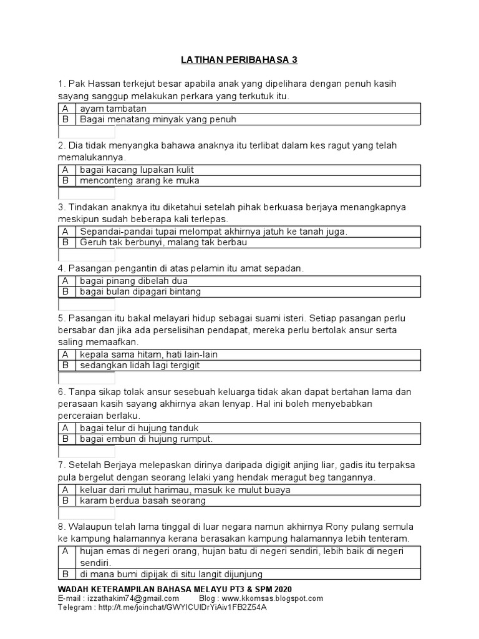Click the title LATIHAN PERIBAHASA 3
pos(239,60)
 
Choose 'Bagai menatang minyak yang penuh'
pos(158,119)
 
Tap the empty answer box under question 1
pos(87,132)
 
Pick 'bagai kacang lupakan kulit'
pos(136,170)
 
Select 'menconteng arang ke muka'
pos(139,181)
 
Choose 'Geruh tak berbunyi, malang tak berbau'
pos(163,243)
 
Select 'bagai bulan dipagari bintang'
pos(140,292)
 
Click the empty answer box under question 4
pos(87,305)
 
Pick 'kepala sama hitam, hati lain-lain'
pos(148,354)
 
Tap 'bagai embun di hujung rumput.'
pos(146,439)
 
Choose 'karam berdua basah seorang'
pos(142,501)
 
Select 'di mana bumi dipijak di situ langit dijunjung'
pos(171,574)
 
